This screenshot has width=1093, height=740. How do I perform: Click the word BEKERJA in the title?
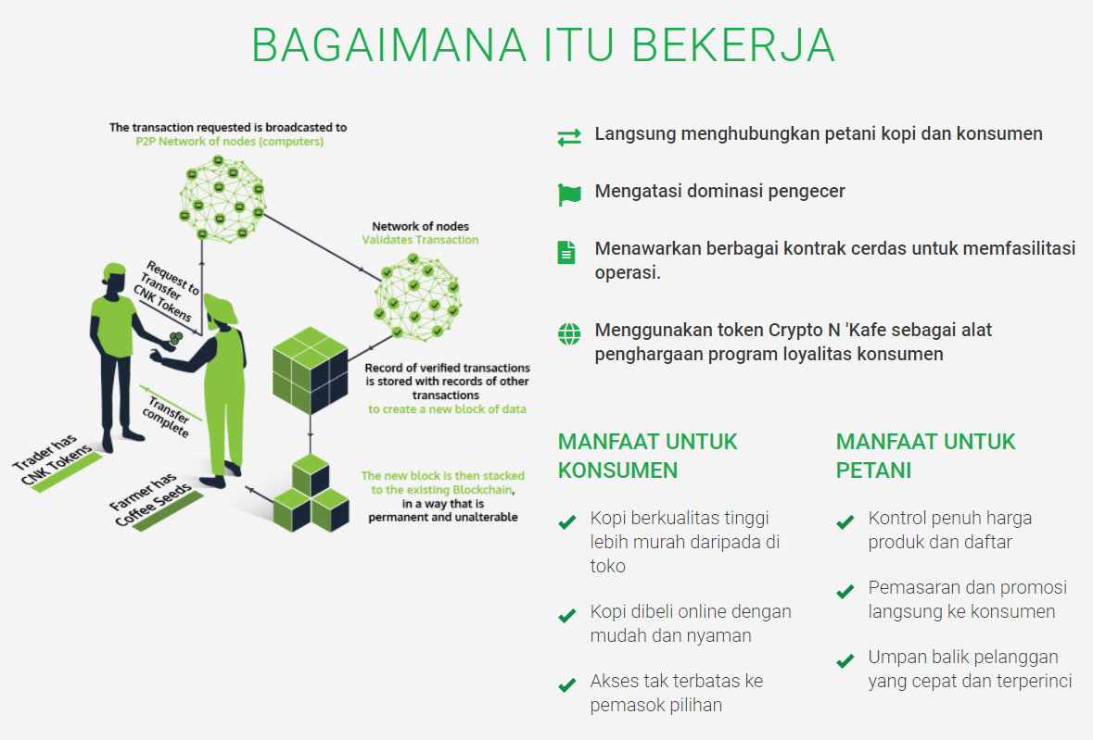tap(733, 46)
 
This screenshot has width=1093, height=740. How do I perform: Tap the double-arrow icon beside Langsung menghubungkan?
tap(569, 137)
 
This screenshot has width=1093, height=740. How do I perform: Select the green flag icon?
tap(569, 194)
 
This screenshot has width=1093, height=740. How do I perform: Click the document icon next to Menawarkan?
tap(566, 252)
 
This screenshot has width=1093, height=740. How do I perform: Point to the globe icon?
tap(569, 334)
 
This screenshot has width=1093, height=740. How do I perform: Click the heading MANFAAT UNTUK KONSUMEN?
tap(648, 456)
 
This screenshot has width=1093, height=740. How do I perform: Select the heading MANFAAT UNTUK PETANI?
tap(926, 456)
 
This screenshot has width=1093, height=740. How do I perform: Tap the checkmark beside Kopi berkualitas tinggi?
tap(566, 522)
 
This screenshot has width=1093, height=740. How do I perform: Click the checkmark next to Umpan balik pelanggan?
tap(845, 660)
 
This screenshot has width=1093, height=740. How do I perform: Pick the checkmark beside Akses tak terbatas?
tap(566, 685)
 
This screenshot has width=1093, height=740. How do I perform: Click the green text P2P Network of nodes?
tap(229, 142)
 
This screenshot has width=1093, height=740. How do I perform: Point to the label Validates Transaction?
tap(420, 240)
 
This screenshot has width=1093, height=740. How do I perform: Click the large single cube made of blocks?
tap(311, 370)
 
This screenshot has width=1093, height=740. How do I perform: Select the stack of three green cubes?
tap(311, 494)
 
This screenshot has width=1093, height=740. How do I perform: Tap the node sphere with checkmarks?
tap(417, 297)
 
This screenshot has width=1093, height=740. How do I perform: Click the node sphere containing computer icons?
tap(222, 199)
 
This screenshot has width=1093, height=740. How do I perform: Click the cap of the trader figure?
tap(114, 271)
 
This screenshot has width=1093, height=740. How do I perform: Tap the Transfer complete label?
tap(167, 416)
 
